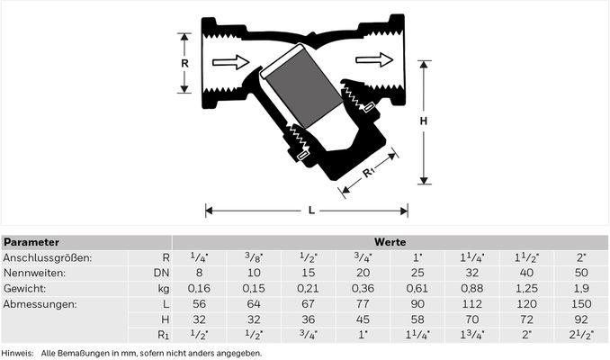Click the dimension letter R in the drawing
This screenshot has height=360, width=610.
(184, 63)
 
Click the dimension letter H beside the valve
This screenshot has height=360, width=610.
(424, 121)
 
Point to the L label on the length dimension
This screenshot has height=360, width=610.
(311, 211)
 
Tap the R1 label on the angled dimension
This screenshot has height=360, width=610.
(368, 173)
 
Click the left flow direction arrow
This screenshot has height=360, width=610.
(230, 62)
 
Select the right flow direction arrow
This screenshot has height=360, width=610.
(374, 59)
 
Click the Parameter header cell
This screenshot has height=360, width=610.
(31, 242)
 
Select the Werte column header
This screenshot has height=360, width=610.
(390, 242)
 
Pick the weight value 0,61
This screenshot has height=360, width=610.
(417, 288)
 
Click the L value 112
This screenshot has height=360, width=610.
(471, 304)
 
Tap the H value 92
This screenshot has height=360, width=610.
(581, 319)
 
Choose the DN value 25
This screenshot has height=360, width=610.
(417, 273)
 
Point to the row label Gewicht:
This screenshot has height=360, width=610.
(24, 288)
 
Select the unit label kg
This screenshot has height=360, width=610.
(164, 289)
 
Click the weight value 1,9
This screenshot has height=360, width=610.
(581, 288)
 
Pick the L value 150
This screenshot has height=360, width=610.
(581, 304)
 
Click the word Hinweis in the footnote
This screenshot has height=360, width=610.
(17, 354)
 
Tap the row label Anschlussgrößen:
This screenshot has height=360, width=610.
(48, 257)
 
